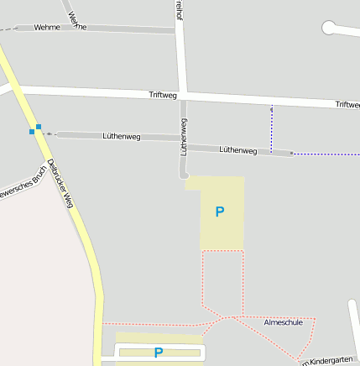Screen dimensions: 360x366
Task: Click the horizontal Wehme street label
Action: pyautogui.click(x=47, y=28)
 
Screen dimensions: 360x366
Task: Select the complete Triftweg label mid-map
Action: pyautogui.click(x=164, y=96)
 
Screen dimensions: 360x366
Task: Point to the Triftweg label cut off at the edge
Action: pyautogui.click(x=347, y=104)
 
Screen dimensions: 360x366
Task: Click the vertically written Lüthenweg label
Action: pyautogui.click(x=184, y=137)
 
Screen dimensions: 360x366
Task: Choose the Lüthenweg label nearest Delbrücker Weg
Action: pyautogui.click(x=121, y=135)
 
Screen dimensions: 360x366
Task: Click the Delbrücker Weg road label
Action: pyautogui.click(x=61, y=183)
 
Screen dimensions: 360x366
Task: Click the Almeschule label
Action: pyautogui.click(x=283, y=322)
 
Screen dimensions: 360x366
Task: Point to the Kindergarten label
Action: pyautogui.click(x=331, y=359)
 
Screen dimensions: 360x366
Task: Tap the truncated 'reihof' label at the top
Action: pyautogui.click(x=179, y=9)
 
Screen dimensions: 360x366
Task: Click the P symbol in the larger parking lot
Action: pyautogui.click(x=220, y=212)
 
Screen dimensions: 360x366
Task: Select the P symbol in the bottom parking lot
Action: pyautogui.click(x=158, y=353)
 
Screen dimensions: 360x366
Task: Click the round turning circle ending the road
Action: pyautogui.click(x=329, y=28)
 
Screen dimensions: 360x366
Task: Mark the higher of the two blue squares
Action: pyautogui.click(x=39, y=127)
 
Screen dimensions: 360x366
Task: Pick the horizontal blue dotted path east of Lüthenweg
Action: pyautogui.click(x=327, y=154)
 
